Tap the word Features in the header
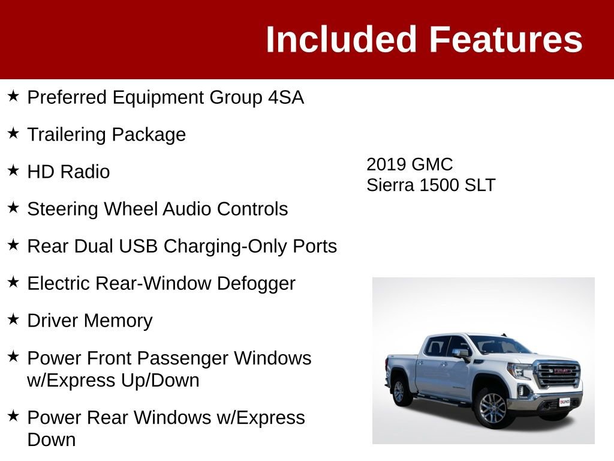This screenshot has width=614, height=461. pos(505,40)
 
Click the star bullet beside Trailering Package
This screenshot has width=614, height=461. pos(13,133)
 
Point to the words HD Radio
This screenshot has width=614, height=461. pos(68,172)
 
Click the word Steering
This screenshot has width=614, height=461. pos(63,209)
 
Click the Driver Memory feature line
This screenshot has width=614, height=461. pos(90,321)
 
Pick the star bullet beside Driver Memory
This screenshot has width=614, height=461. pos(13,319)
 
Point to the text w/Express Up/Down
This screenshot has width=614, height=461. pos(113,381)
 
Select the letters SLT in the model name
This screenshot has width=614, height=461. pos(480,185)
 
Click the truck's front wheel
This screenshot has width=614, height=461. pos(493,408)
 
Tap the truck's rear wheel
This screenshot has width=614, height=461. pos(399,391)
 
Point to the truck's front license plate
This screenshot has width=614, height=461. pos(564,402)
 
